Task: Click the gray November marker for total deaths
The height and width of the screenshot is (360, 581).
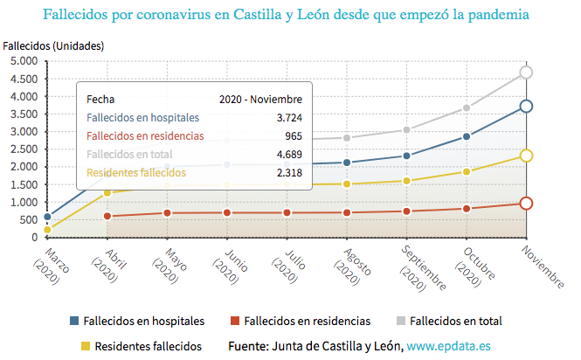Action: [526, 73]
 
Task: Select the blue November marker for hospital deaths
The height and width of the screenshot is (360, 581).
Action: [526, 107]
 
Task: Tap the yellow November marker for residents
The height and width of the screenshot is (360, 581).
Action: [526, 156]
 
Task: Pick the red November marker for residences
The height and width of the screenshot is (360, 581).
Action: [526, 204]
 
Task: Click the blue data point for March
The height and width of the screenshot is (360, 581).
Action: [47, 217]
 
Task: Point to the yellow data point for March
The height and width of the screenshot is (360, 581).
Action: [47, 230]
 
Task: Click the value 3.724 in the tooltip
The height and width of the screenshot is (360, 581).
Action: [288, 118]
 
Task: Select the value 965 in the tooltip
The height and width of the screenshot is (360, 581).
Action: [294, 136]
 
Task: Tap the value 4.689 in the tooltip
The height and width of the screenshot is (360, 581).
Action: [288, 155]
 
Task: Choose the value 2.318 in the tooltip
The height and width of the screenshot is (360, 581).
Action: [288, 173]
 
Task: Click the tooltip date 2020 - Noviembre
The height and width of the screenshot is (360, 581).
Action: [260, 100]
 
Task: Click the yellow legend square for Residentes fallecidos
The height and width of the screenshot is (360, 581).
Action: [85, 346]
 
